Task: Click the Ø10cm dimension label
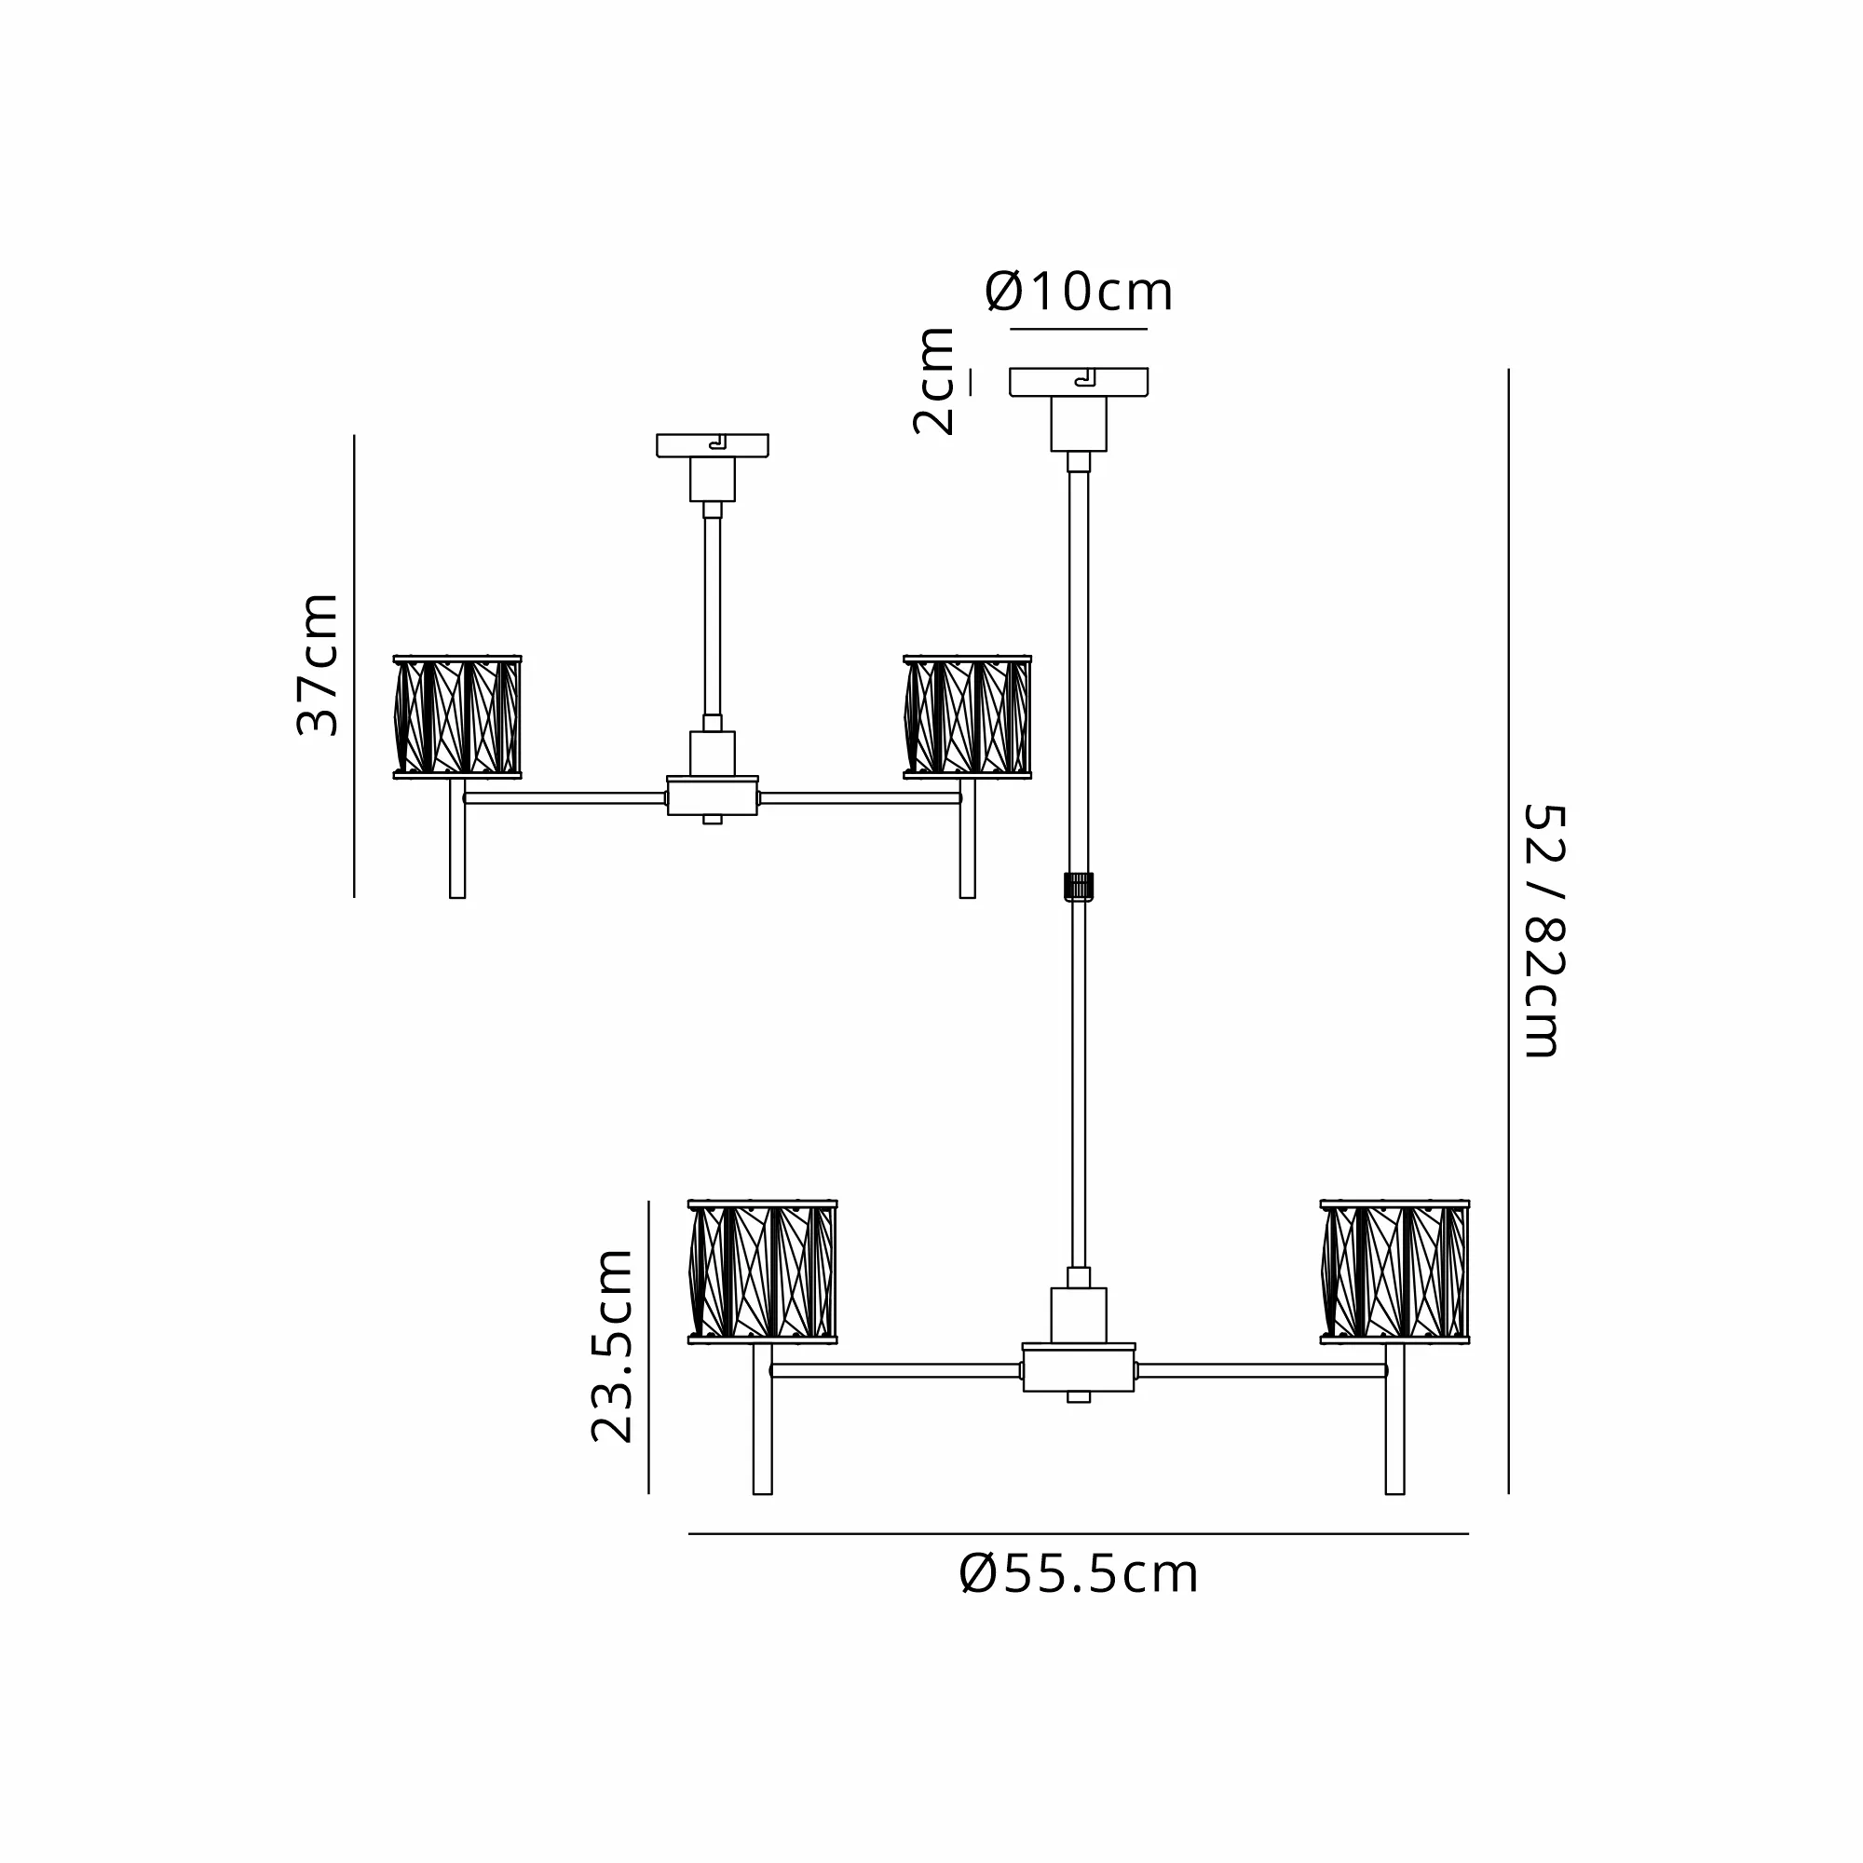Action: (1079, 292)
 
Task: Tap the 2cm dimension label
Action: (934, 382)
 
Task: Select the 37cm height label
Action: (318, 665)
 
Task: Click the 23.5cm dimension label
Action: (611, 1346)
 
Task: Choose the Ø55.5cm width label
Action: (1079, 1574)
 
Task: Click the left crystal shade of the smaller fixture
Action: (457, 716)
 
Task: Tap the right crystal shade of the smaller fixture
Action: (967, 716)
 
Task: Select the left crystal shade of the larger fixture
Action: (763, 1271)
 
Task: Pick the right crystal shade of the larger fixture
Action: (1394, 1271)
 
